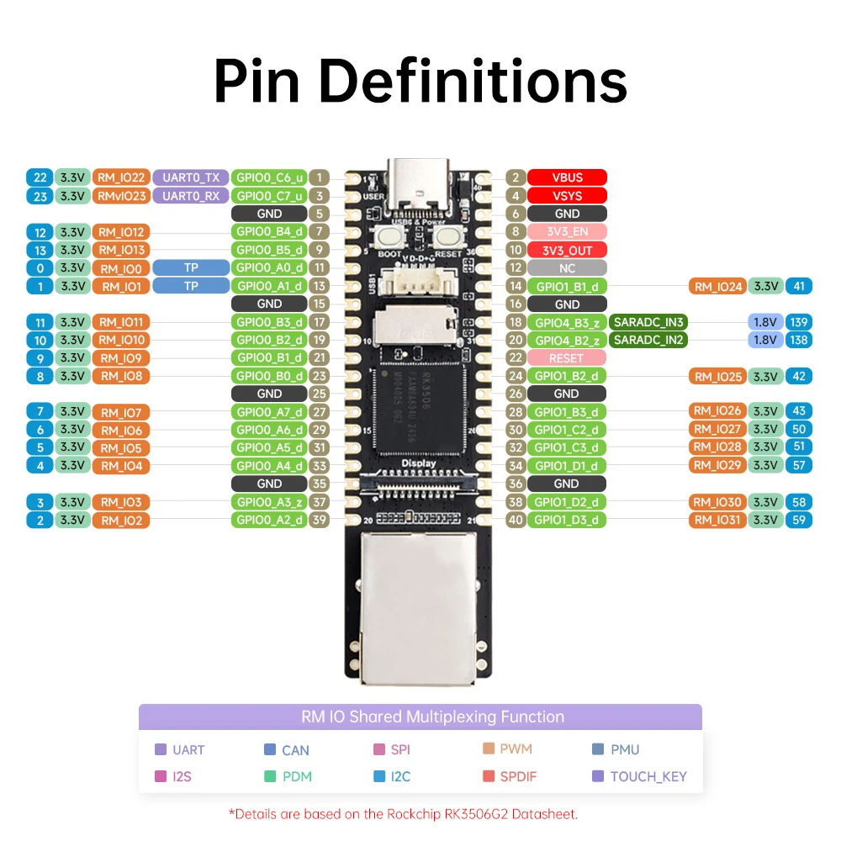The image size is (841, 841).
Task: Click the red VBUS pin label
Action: [567, 177]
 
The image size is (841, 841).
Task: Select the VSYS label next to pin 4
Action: [567, 196]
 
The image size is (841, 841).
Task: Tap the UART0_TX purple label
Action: [190, 177]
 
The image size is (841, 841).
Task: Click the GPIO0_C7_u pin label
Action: [269, 196]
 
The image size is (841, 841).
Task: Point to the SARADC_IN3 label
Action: [648, 321]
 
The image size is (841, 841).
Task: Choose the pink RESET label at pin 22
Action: [567, 358]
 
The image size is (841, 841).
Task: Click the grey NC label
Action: [567, 268]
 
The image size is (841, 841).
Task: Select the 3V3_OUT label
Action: [567, 250]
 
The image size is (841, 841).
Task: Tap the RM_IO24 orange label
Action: [718, 287]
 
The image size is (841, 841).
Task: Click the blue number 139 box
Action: [798, 321]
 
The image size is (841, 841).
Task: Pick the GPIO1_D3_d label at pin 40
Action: [567, 520]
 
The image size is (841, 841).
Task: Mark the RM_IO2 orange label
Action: [121, 520]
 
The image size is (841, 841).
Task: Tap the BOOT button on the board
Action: [389, 239]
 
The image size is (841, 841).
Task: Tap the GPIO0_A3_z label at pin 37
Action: [269, 502]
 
